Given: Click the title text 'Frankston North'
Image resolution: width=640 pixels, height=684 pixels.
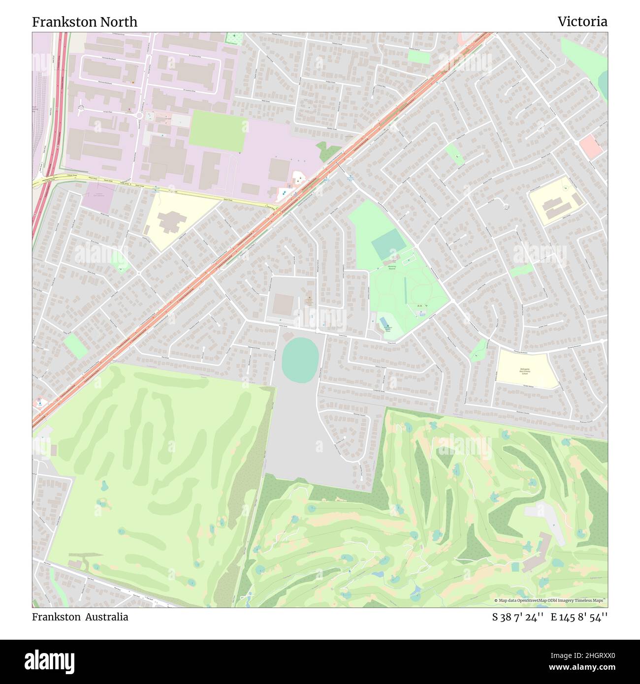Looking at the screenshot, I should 85,22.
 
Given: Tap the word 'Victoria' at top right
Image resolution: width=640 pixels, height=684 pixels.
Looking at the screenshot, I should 582,22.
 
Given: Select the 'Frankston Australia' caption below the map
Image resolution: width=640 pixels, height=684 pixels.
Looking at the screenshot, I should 80,617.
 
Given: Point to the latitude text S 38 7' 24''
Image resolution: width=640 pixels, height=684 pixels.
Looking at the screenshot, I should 518,617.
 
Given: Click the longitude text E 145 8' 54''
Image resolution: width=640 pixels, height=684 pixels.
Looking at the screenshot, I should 579,617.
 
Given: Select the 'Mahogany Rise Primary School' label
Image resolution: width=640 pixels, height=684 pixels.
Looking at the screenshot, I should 524,372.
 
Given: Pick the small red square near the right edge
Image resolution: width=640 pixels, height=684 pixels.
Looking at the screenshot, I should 591,146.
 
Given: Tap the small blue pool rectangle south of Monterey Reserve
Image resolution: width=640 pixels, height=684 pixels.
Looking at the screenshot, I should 384,321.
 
